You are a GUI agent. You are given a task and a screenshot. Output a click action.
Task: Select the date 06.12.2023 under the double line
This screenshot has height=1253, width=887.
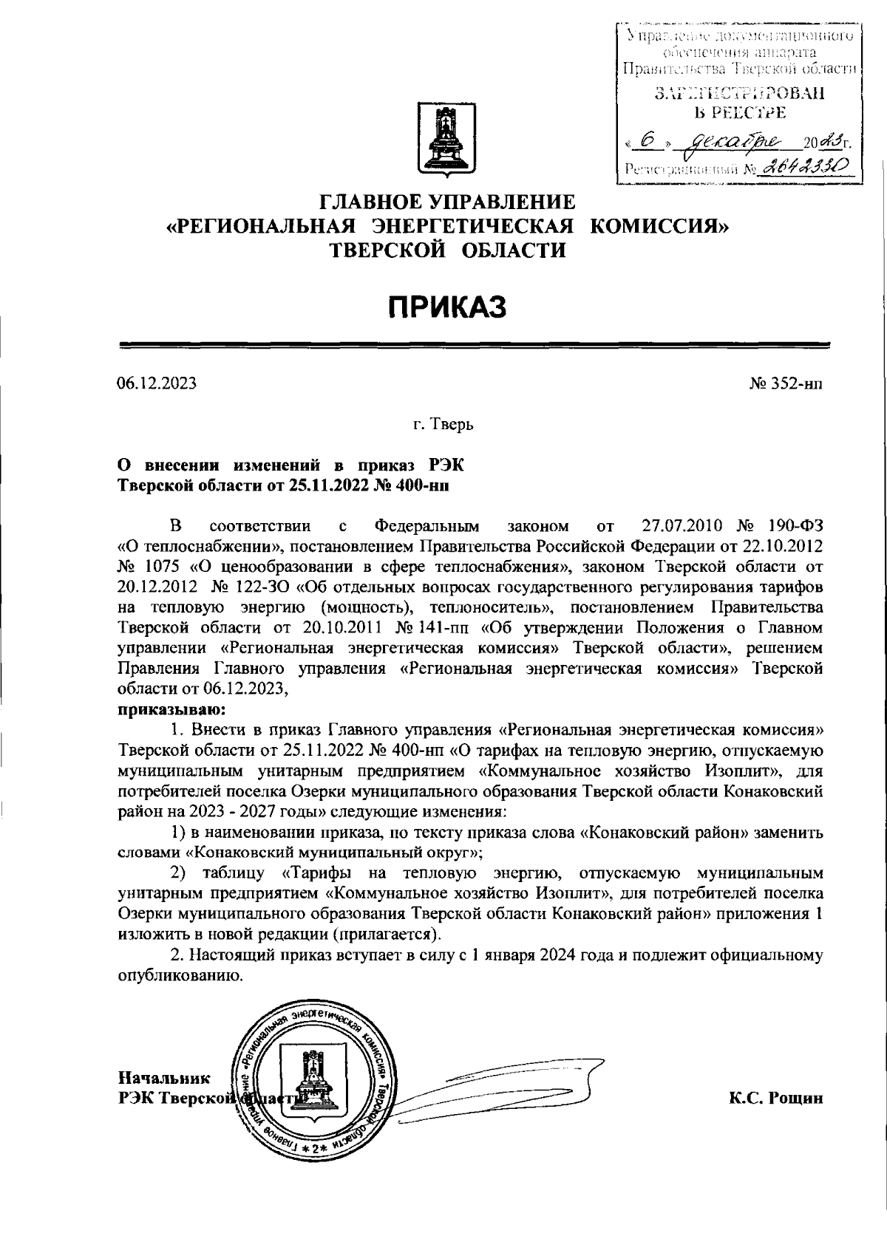157,383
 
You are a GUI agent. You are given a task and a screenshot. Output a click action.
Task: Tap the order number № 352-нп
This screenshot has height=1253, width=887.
786,383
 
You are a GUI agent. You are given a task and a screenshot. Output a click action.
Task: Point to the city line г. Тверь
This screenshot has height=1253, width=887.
443,425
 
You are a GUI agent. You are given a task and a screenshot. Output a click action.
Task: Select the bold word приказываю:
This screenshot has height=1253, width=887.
167,711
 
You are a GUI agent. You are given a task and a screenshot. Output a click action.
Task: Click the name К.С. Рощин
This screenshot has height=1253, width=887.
775,1099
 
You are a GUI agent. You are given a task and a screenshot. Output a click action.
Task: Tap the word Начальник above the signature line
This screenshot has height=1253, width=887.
164,1079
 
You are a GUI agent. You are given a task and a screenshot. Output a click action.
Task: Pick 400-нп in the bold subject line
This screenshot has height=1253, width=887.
421,485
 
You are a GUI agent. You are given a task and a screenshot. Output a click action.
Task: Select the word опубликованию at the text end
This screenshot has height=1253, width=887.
180,975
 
